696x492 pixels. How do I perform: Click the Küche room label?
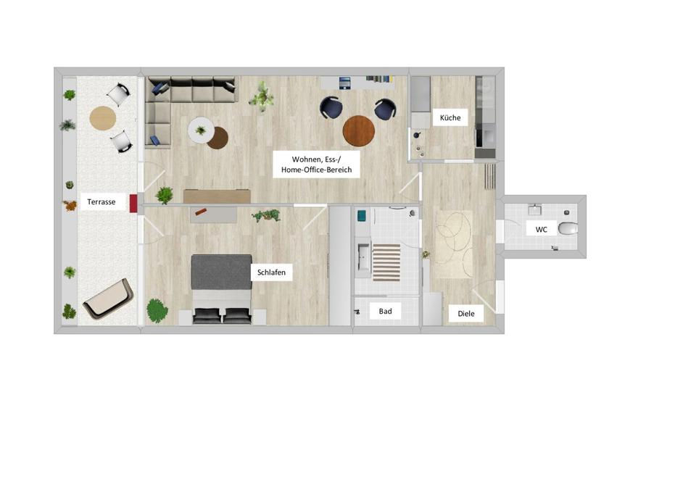pos(450,117)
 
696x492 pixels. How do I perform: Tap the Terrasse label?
pos(101,203)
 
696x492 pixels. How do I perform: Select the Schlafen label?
pos(272,273)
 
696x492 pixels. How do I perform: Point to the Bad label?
pos(385,311)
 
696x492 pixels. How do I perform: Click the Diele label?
pos(466,314)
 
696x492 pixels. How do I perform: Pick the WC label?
pos(542,230)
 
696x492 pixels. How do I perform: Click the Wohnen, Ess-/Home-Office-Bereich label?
pos(316,164)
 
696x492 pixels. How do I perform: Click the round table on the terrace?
pos(102,117)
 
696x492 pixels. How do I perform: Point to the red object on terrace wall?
pos(133,203)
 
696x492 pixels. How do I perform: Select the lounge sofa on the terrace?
pos(107,299)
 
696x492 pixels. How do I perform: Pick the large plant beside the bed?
pos(157,311)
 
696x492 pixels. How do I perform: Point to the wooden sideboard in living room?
pos(217,196)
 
